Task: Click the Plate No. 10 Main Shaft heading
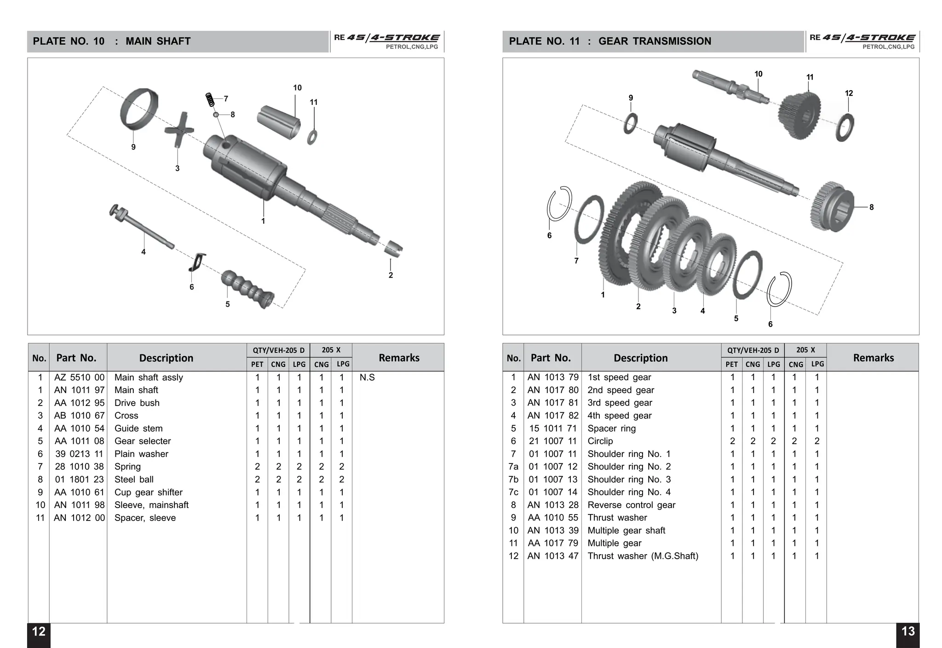[112, 41]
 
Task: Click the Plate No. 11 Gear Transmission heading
[610, 41]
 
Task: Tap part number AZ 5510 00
[79, 377]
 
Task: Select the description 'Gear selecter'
[143, 441]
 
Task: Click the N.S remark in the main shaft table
[367, 377]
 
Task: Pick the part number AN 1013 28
[553, 505]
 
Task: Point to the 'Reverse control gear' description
[631, 505]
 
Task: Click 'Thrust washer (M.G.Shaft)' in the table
[643, 556]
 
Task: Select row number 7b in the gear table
[513, 479]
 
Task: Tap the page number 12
[39, 632]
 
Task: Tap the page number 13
[908, 632]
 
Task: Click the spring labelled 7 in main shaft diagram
[210, 99]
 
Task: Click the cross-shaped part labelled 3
[178, 130]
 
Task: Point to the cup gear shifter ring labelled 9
[138, 110]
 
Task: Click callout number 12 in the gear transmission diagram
[849, 93]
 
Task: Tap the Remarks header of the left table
[399, 358]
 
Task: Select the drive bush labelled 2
[393, 248]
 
